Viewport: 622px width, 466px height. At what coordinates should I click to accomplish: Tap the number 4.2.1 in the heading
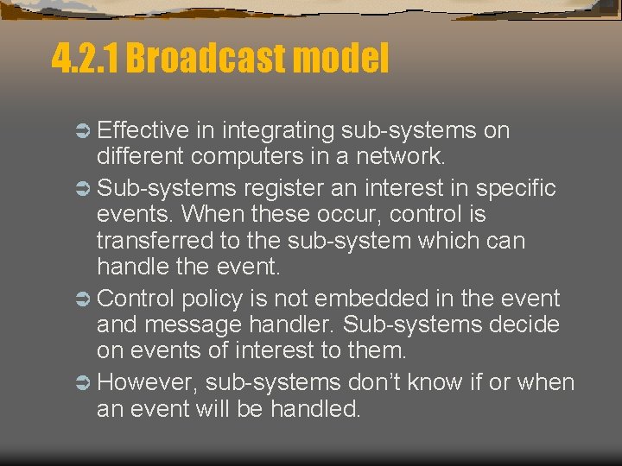tap(86, 60)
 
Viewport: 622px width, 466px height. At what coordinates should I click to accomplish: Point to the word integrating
tap(278, 131)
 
